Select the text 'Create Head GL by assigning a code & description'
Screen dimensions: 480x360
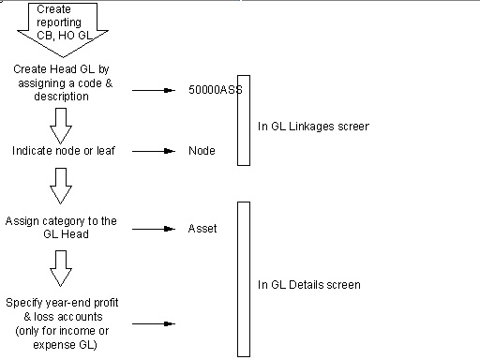[63, 82]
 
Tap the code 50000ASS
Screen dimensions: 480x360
[216, 90]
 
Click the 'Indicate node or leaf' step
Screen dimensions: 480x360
[64, 151]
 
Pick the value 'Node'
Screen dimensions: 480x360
[202, 151]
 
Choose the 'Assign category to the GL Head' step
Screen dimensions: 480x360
[61, 227]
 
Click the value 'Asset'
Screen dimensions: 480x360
[202, 229]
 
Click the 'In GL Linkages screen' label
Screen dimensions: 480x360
[313, 127]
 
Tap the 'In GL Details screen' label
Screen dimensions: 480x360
[309, 285]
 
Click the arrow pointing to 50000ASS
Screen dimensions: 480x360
[154, 90]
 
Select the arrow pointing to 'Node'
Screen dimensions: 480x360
[154, 151]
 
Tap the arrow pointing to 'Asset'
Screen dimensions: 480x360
[154, 229]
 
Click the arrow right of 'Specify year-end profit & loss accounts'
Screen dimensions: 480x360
[154, 323]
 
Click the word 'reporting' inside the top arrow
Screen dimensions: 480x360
[59, 22]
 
